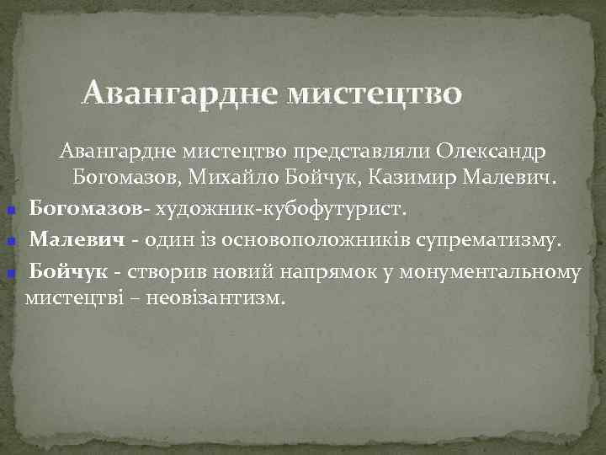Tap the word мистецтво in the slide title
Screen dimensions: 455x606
(375, 92)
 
